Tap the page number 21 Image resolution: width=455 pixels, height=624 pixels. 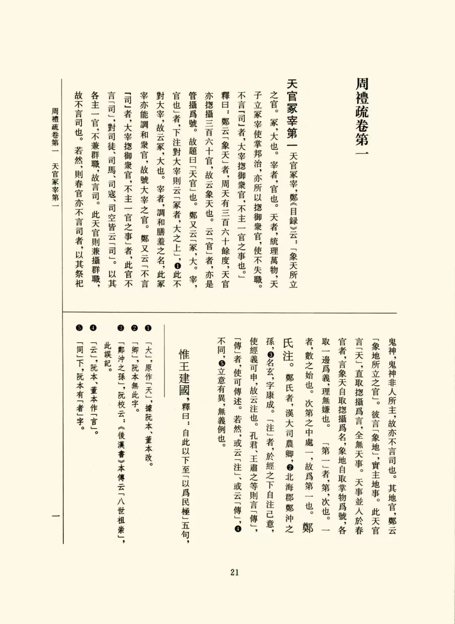(235, 572)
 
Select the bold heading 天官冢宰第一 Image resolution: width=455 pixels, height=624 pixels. (292, 109)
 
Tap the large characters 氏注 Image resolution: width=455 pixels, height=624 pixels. (288, 349)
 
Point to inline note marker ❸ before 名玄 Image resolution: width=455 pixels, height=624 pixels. (270, 355)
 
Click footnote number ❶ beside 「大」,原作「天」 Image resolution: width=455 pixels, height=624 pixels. (148, 328)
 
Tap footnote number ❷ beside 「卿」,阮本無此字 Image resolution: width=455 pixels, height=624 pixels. (134, 328)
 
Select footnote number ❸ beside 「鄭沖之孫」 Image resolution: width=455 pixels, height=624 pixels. (121, 328)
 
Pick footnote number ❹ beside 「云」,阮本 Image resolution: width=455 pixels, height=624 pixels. (93, 328)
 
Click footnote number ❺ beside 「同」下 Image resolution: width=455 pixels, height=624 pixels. (80, 328)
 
